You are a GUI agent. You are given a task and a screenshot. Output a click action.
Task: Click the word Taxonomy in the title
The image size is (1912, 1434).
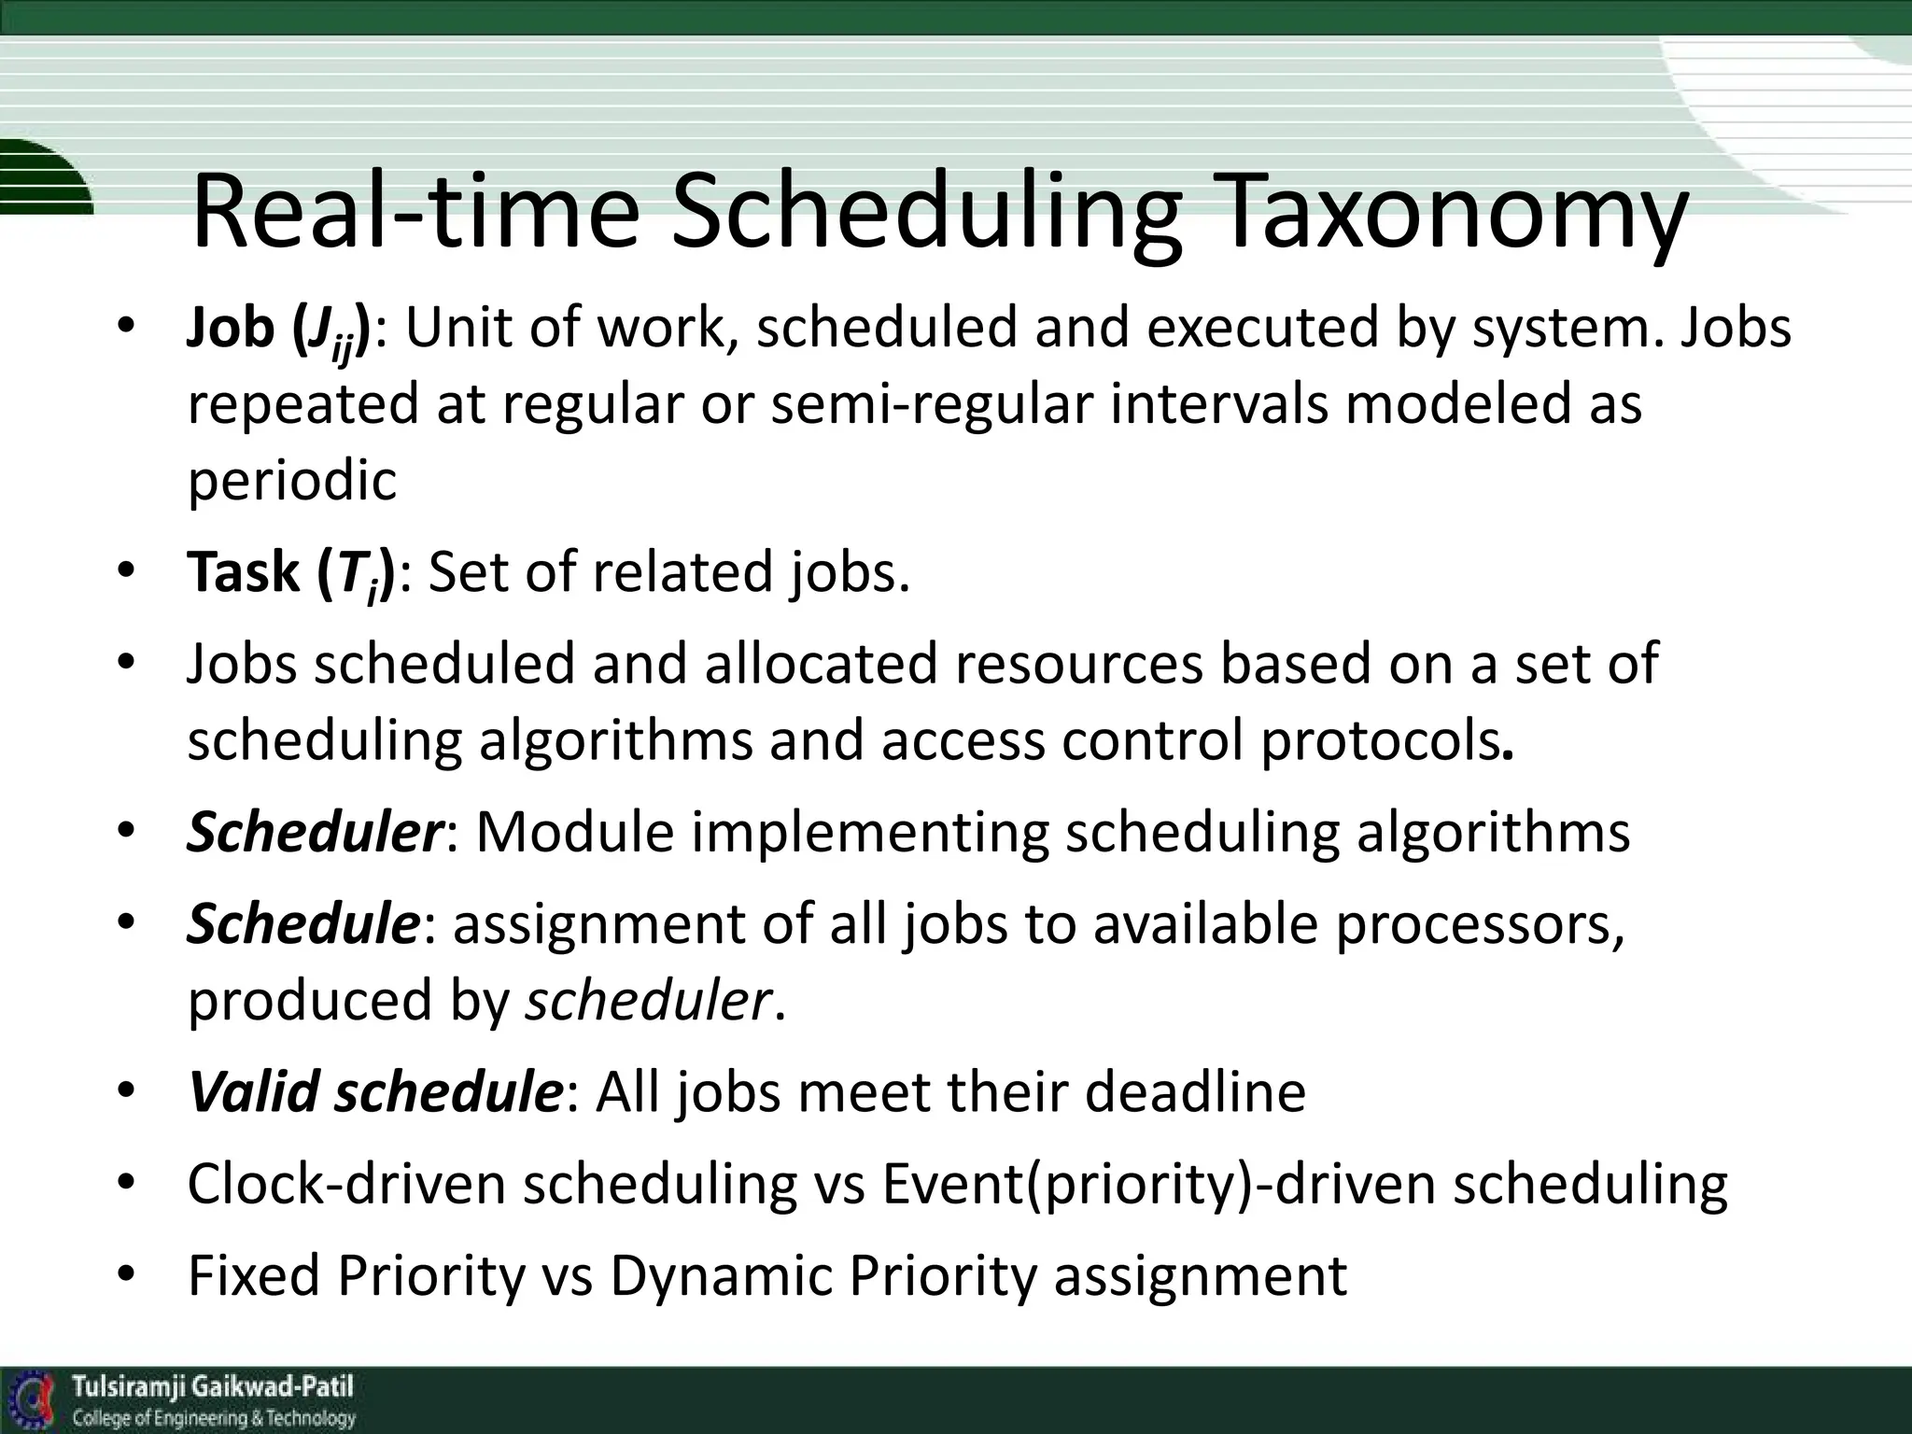point(1456,217)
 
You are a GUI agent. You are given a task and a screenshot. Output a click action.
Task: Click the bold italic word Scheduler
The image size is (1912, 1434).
point(314,832)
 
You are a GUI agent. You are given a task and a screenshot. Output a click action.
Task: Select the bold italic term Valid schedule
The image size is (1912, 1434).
point(373,1091)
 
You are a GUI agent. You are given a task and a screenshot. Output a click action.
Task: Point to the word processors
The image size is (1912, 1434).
point(1479,925)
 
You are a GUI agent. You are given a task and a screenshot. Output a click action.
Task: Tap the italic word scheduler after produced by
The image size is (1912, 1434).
point(648,1001)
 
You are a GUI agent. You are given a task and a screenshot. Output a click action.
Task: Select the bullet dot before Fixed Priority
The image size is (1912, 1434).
point(127,1274)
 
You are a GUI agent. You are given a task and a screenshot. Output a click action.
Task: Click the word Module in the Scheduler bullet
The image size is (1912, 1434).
point(574,832)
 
